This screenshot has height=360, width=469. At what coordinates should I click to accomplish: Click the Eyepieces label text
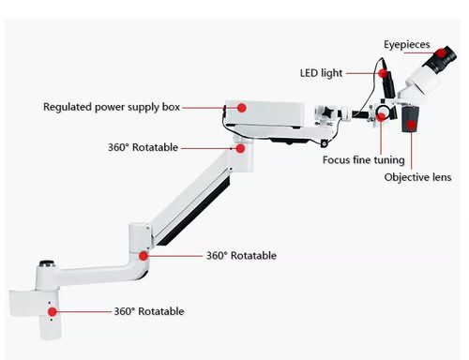coord(407,45)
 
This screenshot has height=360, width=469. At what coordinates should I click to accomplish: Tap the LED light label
coord(321,73)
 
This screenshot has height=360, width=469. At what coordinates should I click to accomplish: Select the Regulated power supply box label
coord(112,107)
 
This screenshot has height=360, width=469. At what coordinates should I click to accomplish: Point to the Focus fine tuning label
coord(364,160)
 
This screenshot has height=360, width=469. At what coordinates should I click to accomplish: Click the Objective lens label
coord(417,177)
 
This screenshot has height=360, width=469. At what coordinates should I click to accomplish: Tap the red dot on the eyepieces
coord(441,52)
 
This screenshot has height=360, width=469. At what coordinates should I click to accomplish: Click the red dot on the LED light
coord(383,73)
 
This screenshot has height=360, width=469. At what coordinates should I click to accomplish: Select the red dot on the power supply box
coord(241,108)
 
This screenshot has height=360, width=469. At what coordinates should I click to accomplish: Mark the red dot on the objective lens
coord(412,125)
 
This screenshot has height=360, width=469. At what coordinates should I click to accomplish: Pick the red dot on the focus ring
coord(381,117)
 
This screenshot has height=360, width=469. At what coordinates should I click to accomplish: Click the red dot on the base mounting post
coord(53,311)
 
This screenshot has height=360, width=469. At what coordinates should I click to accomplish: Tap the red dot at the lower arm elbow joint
coord(144,256)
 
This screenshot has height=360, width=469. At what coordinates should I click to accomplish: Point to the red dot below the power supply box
coord(240,148)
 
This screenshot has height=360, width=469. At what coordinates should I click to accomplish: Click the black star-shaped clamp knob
coord(328,112)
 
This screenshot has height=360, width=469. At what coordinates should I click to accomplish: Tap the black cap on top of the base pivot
coord(47,263)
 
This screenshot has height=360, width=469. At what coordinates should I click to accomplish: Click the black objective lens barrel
coord(410,119)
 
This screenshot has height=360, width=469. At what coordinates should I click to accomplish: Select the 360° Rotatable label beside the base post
coord(149,311)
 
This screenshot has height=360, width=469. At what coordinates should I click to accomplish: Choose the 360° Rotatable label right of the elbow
coord(241,256)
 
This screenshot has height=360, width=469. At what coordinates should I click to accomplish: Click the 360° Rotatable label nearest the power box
coord(143,147)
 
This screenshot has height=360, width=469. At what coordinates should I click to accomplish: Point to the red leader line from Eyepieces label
coord(420,52)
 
